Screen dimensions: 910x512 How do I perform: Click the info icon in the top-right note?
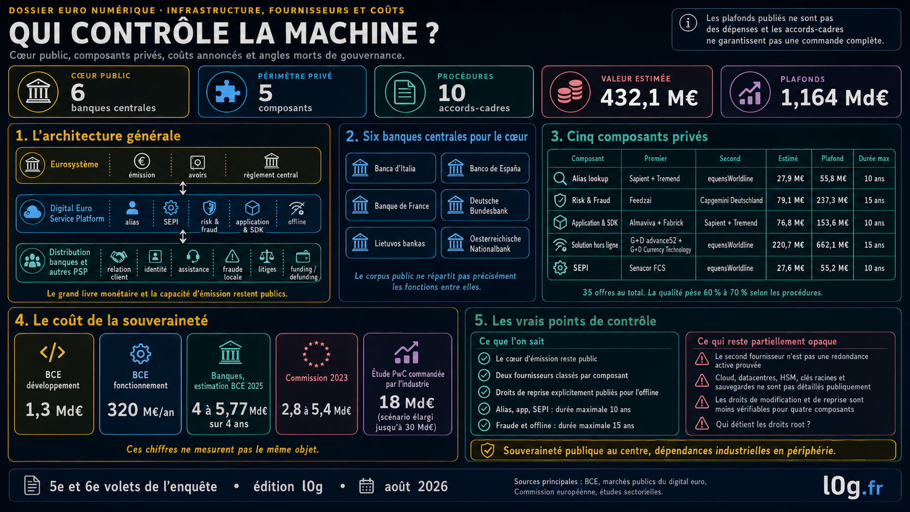(x=688, y=23)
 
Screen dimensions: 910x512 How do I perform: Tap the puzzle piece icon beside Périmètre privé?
(x=227, y=92)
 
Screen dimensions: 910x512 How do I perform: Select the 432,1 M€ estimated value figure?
(x=649, y=98)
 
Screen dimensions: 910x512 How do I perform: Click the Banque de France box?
(x=390, y=206)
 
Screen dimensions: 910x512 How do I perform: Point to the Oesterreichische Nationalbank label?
(x=495, y=244)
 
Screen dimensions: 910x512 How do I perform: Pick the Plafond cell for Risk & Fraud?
(x=833, y=200)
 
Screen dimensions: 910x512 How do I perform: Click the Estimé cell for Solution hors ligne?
(x=788, y=245)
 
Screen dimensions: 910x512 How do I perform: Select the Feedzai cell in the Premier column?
(x=640, y=200)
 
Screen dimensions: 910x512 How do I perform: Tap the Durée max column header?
(x=874, y=158)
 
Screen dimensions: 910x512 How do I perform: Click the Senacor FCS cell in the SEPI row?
(x=647, y=268)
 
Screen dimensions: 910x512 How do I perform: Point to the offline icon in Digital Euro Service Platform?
(x=297, y=209)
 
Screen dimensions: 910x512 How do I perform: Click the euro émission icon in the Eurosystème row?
(x=142, y=162)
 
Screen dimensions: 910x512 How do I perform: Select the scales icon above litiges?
(x=267, y=256)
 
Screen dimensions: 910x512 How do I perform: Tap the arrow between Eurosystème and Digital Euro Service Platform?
(x=183, y=188)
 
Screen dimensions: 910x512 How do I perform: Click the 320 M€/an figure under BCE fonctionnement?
(x=140, y=410)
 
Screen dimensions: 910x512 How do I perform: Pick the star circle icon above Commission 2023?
(x=316, y=354)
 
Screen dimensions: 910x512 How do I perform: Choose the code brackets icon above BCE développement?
(x=53, y=353)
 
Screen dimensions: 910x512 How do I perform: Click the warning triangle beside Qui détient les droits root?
(x=702, y=424)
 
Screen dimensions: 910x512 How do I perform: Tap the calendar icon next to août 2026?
(x=366, y=486)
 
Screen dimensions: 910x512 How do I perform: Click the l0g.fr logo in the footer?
(x=853, y=486)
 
